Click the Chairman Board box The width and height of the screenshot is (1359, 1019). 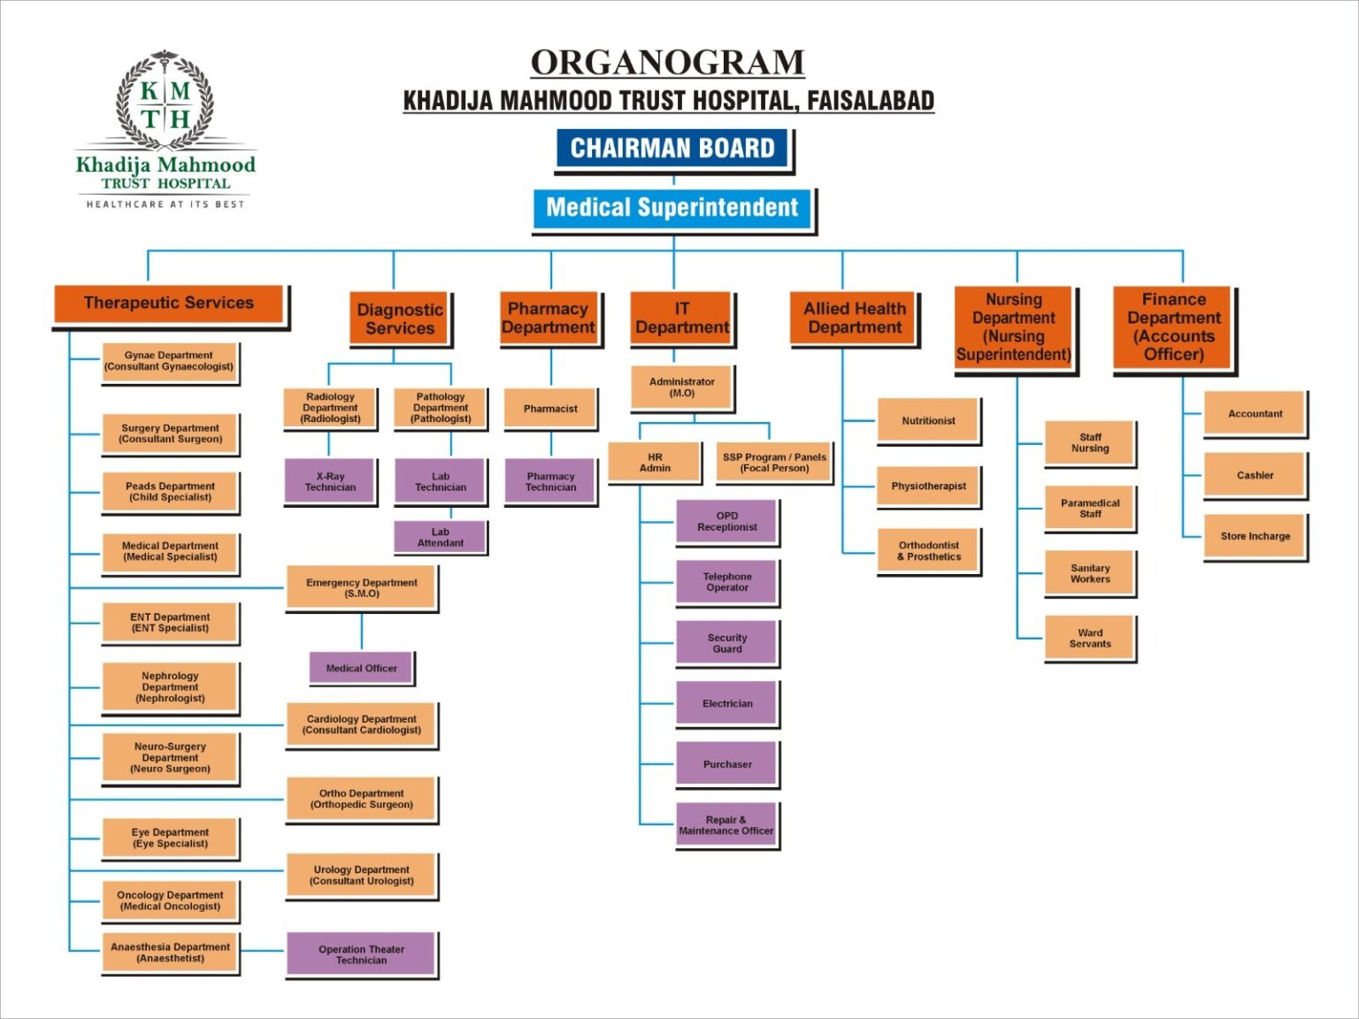[x=672, y=149]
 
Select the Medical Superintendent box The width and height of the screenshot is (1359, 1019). [x=672, y=209]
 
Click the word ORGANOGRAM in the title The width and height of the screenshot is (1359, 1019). [x=667, y=63]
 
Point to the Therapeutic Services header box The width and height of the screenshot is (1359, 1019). [x=169, y=303]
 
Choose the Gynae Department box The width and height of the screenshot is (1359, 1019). [x=169, y=362]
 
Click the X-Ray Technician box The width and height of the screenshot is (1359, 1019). [x=330, y=482]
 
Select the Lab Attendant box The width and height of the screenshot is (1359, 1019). [x=440, y=538]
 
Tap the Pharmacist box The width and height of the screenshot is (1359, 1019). [x=550, y=409]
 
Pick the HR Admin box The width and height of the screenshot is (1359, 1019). [x=655, y=464]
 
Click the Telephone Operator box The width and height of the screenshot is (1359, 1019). [x=726, y=582]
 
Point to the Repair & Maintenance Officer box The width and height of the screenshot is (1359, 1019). [x=726, y=825]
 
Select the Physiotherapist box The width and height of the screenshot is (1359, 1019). [x=928, y=487]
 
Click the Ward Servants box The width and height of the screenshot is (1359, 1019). [x=1090, y=639]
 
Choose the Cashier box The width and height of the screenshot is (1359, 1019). [x=1255, y=476]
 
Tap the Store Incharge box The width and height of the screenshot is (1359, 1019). [x=1255, y=536]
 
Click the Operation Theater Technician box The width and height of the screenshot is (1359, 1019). [x=361, y=954]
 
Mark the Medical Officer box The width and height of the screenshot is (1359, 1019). [x=361, y=669]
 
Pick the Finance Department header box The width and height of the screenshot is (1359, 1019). [x=1173, y=327]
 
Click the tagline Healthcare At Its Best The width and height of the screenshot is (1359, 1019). [x=165, y=204]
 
